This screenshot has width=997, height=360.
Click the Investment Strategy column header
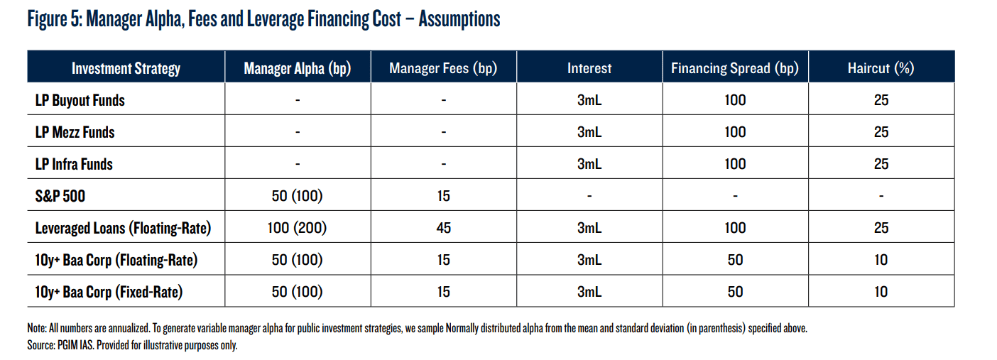click(x=126, y=69)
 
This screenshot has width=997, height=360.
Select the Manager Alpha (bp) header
click(x=298, y=69)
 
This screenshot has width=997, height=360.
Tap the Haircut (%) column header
click(x=881, y=68)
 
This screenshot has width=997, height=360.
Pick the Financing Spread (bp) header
click(x=735, y=68)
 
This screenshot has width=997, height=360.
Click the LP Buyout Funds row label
click(x=80, y=100)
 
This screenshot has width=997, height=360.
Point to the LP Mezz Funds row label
click(x=75, y=132)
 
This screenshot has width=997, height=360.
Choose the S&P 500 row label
click(x=60, y=196)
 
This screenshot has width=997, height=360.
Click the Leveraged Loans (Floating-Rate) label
click(x=123, y=228)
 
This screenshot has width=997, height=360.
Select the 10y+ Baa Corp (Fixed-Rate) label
click(x=109, y=292)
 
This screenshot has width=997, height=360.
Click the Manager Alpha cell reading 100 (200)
click(x=297, y=228)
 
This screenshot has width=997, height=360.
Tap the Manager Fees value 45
click(x=443, y=228)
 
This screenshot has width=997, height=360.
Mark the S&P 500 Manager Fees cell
click(x=443, y=196)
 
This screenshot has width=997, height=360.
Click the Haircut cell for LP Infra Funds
click(x=881, y=164)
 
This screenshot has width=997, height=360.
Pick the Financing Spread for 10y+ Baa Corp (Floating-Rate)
click(x=735, y=260)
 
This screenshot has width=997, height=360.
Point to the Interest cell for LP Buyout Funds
click(x=589, y=100)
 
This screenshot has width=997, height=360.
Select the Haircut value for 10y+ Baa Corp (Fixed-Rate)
click(x=881, y=292)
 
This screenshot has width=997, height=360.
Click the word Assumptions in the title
click(x=459, y=20)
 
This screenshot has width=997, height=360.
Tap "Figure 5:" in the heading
click(x=55, y=19)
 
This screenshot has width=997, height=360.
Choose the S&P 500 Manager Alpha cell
click(x=297, y=196)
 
